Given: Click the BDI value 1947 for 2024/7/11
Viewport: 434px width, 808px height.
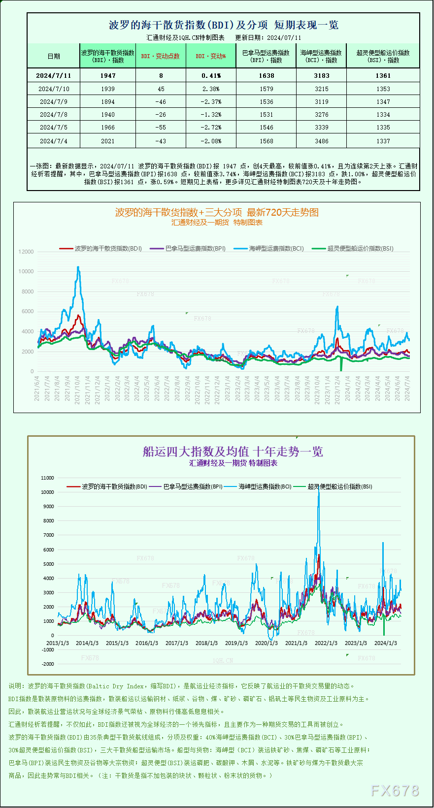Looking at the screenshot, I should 107,75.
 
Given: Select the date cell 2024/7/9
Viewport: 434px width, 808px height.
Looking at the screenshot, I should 53,102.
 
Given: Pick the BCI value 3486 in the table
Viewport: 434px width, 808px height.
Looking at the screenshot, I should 321,141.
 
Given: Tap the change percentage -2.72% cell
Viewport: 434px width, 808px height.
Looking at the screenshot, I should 211,128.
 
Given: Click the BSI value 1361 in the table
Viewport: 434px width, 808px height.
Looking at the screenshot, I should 383,75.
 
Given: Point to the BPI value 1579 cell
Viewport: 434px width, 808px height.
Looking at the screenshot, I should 266,89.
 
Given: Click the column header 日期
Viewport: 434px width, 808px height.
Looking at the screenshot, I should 53,56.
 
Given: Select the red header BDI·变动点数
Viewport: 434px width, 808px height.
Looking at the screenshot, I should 160,56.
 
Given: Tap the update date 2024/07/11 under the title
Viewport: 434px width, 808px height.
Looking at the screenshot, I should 284,37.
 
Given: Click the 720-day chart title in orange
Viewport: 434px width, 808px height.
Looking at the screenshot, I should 217,212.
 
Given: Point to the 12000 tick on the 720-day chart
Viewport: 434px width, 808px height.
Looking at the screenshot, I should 26,252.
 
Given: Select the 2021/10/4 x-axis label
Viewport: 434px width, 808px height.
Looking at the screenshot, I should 77,390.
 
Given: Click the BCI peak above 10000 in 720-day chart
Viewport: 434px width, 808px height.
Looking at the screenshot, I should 78,267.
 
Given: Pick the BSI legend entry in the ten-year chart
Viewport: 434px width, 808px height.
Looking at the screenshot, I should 333,486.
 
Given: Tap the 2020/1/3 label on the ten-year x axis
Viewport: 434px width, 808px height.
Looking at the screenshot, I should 266,643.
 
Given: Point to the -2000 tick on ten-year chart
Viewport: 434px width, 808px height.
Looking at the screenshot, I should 48,664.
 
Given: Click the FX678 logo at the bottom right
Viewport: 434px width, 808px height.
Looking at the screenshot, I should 395,791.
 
